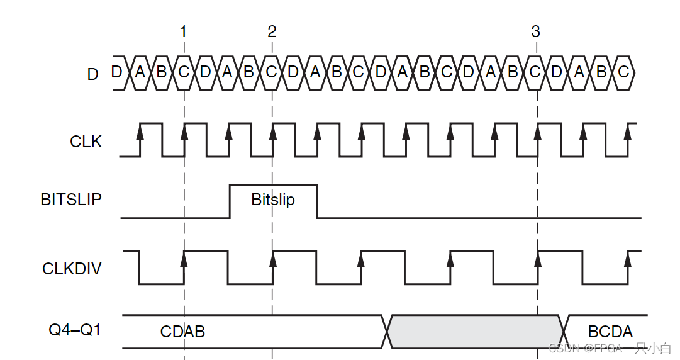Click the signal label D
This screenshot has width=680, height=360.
93,74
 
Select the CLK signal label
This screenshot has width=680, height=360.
86,142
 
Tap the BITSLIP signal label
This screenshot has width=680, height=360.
71,200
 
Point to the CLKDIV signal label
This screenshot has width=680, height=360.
72,269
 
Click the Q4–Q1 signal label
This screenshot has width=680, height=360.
75,330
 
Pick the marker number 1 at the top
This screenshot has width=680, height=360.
183,31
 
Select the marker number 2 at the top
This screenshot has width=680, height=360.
272,31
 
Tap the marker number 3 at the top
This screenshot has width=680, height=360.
535,31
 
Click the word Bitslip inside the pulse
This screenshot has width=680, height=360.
273,200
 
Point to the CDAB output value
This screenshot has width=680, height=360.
182,332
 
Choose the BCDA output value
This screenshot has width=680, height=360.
610,332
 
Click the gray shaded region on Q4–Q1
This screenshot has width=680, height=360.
476,331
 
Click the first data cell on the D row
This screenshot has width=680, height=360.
117,72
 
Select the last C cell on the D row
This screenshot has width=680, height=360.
623,72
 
